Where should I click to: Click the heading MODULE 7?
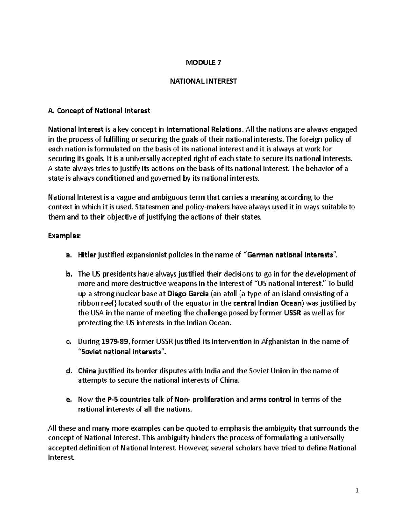(x=203, y=62)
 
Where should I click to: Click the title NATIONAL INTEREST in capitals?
(x=203, y=81)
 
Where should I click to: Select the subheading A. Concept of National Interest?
(x=99, y=111)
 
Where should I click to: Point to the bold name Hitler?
(x=87, y=255)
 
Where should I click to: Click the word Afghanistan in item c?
(x=280, y=342)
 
